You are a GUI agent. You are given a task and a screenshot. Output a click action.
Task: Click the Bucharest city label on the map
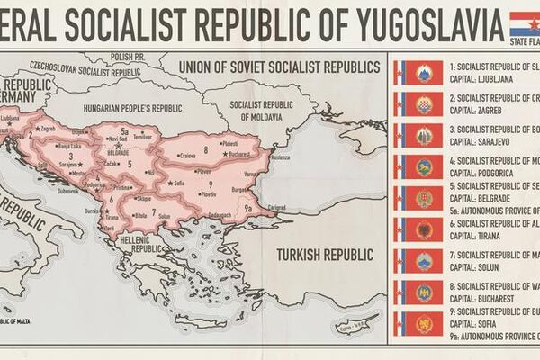(x=239, y=155)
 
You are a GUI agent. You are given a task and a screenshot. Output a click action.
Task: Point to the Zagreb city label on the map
(x=48, y=128)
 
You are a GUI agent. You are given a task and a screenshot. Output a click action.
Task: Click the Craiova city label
(x=187, y=155)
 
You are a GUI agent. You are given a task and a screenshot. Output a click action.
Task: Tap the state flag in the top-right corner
(x=524, y=20)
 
